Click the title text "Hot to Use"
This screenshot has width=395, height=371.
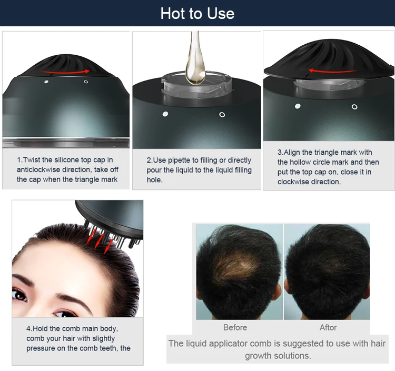coord(197,13)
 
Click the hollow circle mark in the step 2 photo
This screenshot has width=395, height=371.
coord(222,114)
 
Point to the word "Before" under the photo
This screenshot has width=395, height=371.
coord(235,327)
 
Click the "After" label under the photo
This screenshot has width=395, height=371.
coord(328,327)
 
